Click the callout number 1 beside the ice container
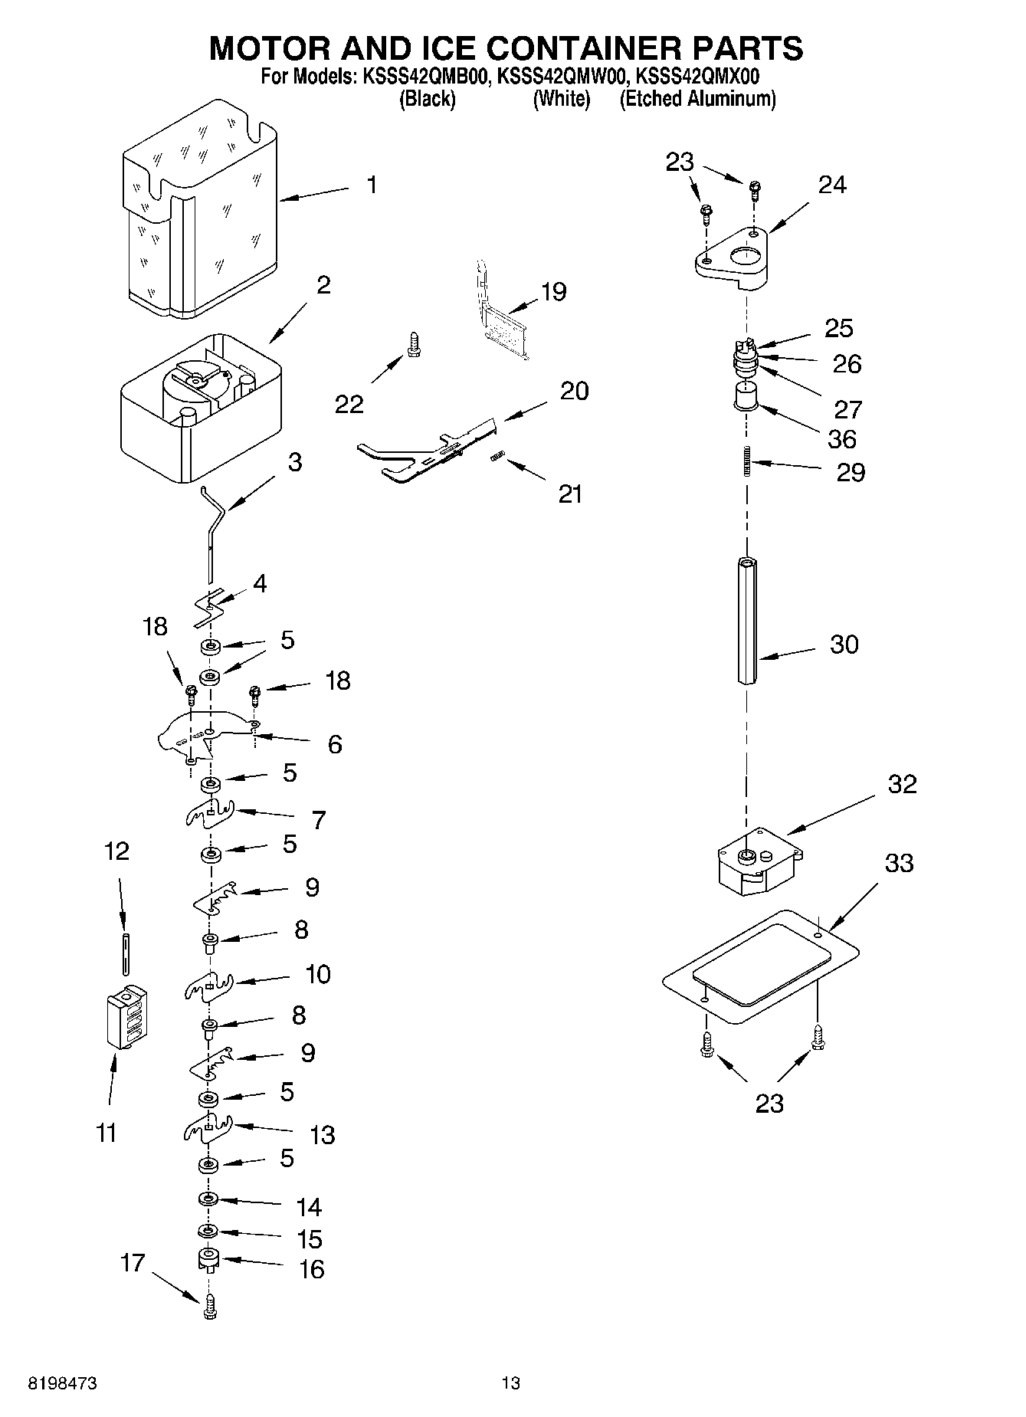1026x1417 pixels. click(x=371, y=185)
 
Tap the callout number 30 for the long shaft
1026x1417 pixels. click(x=844, y=645)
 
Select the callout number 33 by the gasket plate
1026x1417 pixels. click(x=899, y=863)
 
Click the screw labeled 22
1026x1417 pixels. click(x=414, y=343)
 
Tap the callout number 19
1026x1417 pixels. click(x=553, y=292)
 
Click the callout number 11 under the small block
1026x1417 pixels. click(x=107, y=1132)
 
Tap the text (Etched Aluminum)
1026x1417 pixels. click(x=697, y=99)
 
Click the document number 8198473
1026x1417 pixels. click(x=62, y=1383)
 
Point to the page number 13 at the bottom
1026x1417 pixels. click(x=510, y=1383)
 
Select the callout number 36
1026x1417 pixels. click(x=842, y=439)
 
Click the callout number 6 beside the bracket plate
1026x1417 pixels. click(x=335, y=744)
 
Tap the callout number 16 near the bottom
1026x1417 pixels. click(x=311, y=1269)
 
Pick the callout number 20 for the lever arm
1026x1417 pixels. click(x=574, y=391)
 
